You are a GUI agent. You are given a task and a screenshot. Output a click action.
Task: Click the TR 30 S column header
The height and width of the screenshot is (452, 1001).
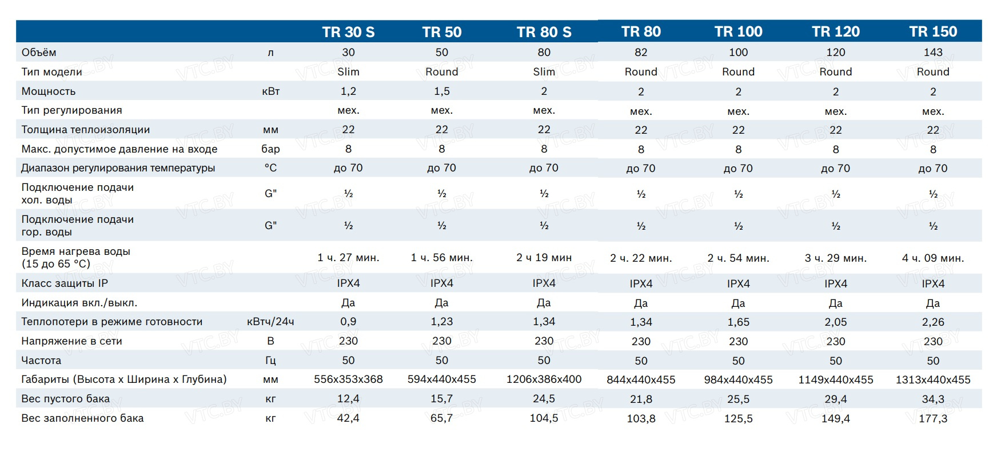[348, 32]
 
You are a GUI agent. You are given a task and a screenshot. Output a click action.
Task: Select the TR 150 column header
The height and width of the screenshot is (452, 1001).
[933, 31]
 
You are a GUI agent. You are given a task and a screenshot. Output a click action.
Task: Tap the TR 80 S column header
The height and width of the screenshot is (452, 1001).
[544, 32]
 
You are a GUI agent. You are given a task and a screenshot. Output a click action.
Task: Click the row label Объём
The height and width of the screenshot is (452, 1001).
[39, 53]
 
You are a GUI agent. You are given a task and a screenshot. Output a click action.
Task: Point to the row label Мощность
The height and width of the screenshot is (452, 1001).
[49, 91]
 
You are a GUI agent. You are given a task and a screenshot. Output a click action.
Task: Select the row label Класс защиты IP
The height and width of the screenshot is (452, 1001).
[65, 283]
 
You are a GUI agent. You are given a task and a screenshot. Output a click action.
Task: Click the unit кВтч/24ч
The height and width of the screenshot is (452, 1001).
[270, 322]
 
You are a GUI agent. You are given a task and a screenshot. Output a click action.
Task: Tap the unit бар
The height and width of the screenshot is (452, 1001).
[270, 149]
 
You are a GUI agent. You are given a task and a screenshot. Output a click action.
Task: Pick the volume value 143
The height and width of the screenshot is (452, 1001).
[933, 53]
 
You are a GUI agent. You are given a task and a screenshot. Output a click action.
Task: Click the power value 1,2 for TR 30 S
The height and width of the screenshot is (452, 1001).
[348, 91]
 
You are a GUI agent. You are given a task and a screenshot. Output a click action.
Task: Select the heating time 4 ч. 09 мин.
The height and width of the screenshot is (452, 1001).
[933, 258]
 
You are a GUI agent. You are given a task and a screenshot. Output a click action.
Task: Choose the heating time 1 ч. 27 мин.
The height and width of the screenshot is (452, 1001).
[348, 258]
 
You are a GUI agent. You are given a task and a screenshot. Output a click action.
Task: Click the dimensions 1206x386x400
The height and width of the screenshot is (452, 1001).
[544, 379]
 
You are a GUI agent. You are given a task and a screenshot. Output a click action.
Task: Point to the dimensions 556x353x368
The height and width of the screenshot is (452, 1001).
[348, 379]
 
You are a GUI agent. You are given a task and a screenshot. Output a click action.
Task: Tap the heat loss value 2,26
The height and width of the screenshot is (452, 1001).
[933, 322]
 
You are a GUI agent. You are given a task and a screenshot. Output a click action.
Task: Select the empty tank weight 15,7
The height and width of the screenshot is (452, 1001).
[441, 399]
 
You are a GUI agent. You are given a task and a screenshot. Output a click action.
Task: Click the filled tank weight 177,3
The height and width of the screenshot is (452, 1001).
[933, 419]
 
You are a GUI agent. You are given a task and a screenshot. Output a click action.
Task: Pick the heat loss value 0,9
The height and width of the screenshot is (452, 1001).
[348, 322]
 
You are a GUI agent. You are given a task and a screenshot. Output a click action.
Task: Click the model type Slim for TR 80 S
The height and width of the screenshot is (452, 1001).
[544, 72]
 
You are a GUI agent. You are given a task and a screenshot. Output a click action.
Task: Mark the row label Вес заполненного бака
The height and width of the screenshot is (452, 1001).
[82, 418]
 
